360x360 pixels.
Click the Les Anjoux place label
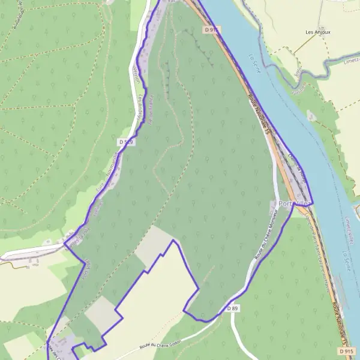point(318,32)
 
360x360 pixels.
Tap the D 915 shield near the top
point(209,29)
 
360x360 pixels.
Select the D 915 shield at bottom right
point(346,351)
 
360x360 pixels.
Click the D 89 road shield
point(233,308)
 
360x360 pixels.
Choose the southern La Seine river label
point(346,259)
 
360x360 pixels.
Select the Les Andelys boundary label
point(142,108)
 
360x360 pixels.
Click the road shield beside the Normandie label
point(125,142)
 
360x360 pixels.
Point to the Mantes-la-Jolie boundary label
point(98,207)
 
